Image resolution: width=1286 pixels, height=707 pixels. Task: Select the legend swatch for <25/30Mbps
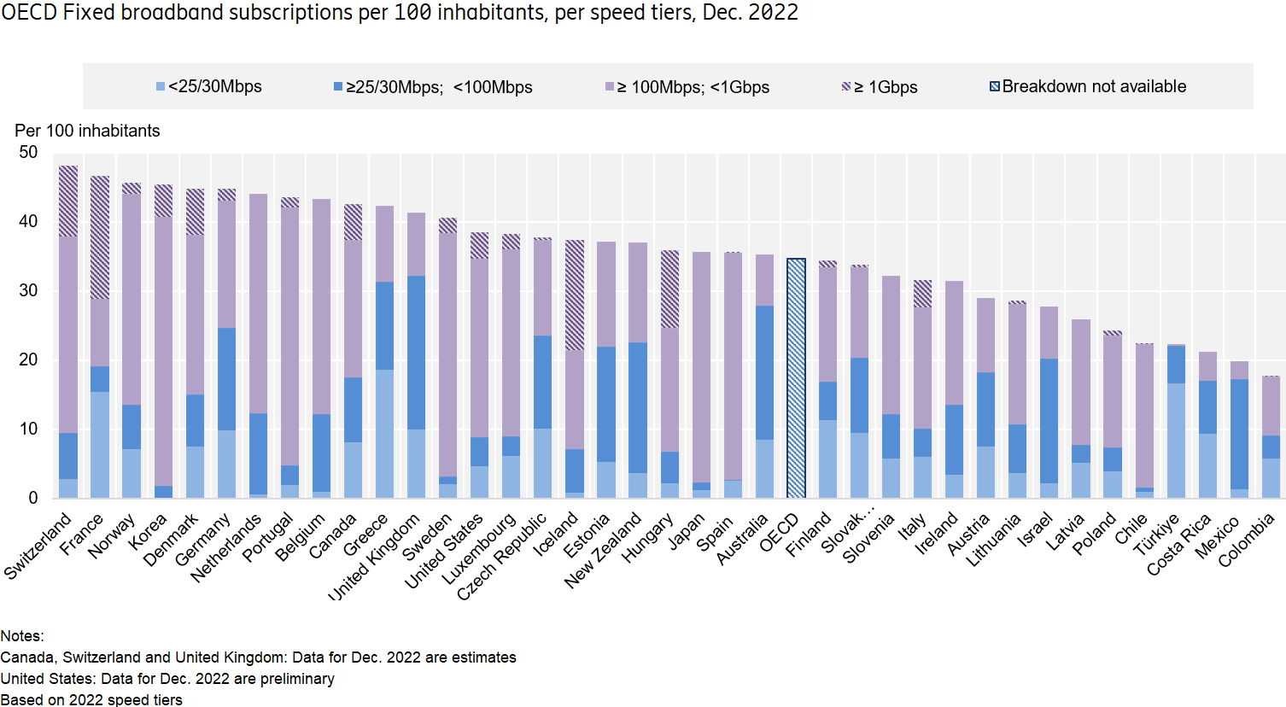(x=161, y=87)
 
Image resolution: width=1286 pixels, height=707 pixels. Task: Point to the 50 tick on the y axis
(x=28, y=153)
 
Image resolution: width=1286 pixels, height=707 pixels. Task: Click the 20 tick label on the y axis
(x=28, y=360)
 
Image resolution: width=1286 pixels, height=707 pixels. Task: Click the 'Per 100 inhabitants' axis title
(x=87, y=131)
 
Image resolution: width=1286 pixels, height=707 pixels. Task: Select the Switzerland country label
(x=38, y=547)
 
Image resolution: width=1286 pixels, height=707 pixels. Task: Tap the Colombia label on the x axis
(x=1246, y=540)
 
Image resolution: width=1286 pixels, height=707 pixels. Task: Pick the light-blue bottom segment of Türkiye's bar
(x=1176, y=441)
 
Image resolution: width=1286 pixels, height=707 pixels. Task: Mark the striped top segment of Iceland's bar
(x=575, y=295)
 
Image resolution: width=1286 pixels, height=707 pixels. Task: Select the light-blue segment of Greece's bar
(x=385, y=434)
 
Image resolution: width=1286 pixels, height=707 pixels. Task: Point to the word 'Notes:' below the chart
(x=22, y=636)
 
